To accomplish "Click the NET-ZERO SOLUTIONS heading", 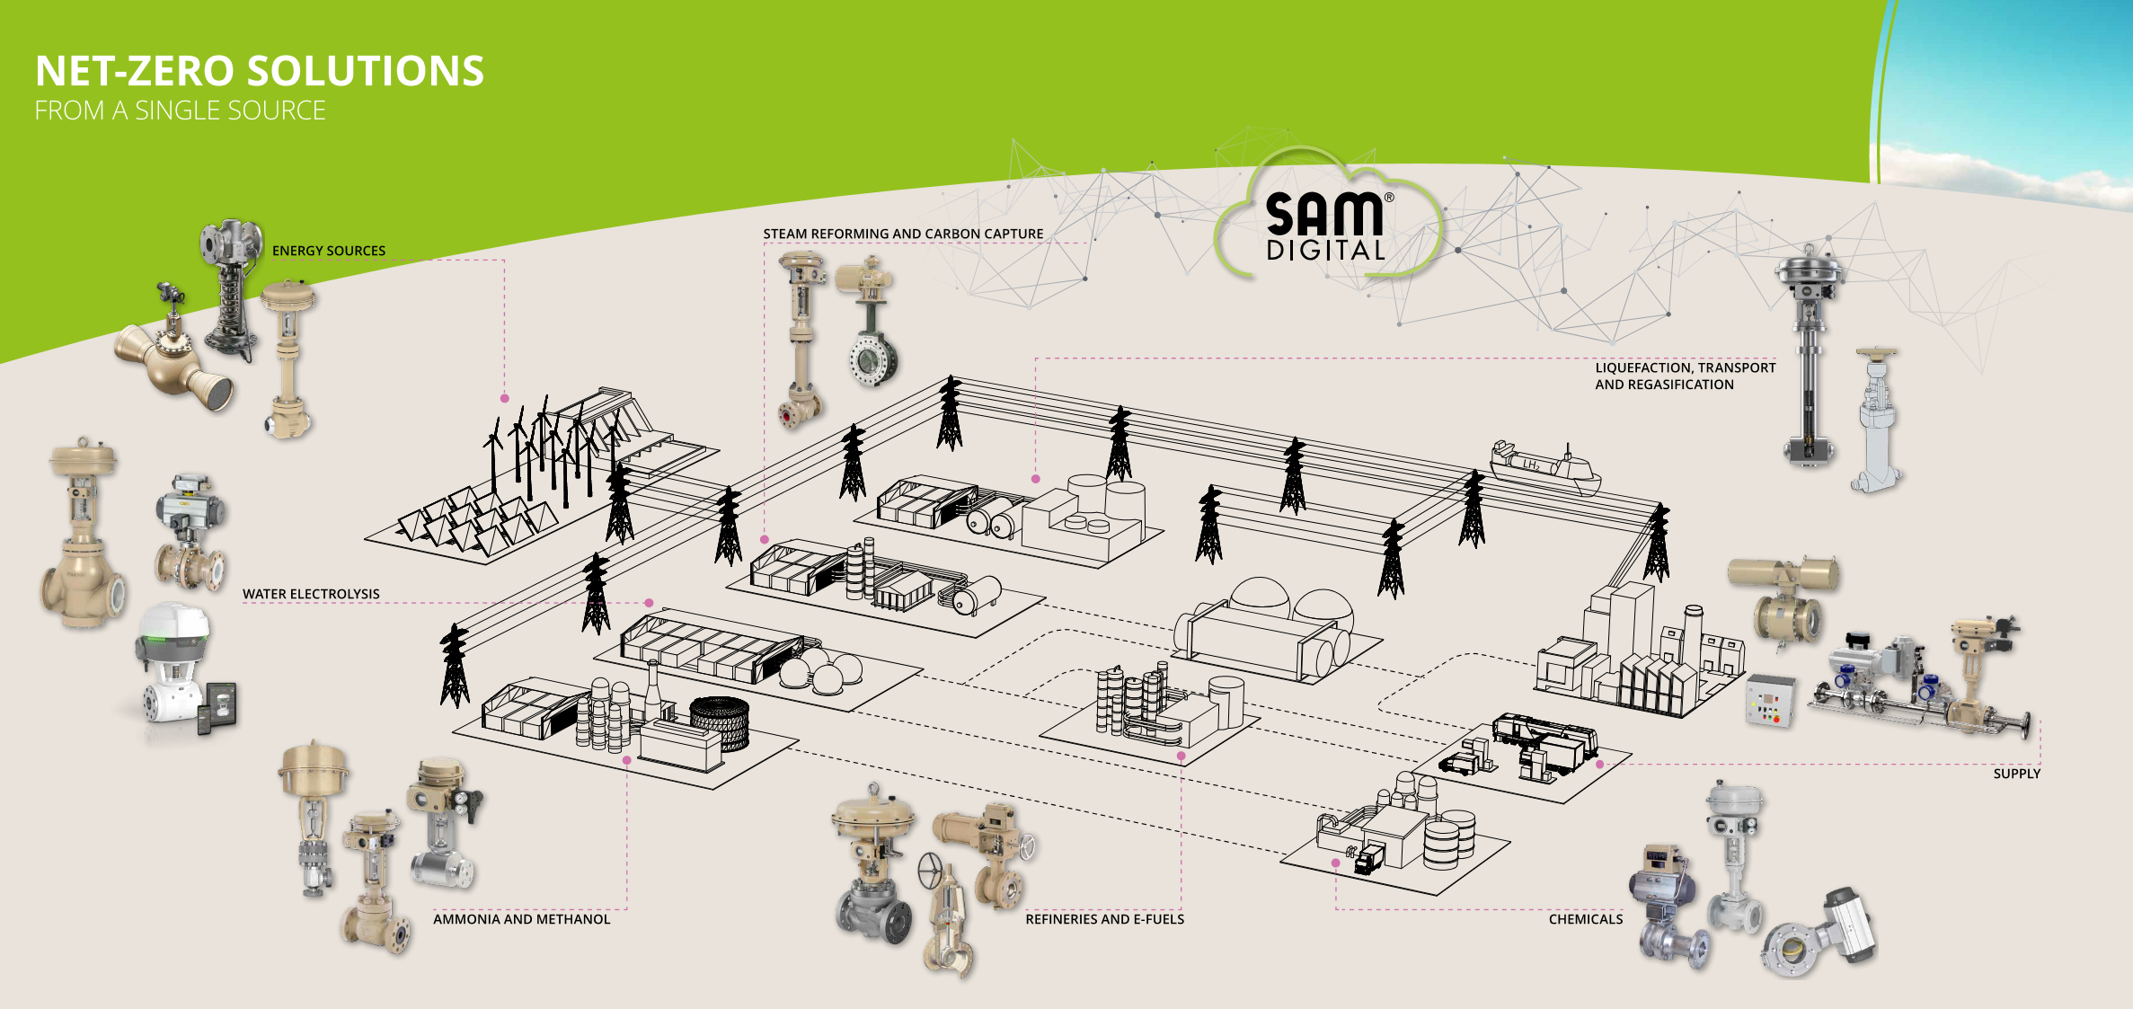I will [x=260, y=71].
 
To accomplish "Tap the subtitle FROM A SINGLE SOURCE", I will [x=180, y=111].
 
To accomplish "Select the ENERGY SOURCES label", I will [x=328, y=251].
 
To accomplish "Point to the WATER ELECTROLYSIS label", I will [x=311, y=594].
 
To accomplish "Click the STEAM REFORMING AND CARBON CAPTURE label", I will [x=903, y=234].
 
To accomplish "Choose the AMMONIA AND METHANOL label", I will [x=521, y=919].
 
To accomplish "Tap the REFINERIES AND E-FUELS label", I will [x=1104, y=919].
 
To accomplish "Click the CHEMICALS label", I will [x=1585, y=919].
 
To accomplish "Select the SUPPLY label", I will [x=2016, y=774].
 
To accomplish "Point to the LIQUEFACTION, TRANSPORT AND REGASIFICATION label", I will [x=1685, y=376].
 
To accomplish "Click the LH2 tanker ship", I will [x=1544, y=466].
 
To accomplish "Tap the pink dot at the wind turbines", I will [x=505, y=398].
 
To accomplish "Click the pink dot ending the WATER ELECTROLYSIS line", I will [x=649, y=603].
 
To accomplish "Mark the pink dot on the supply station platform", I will [x=1599, y=765].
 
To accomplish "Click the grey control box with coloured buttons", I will [x=1769, y=702].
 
